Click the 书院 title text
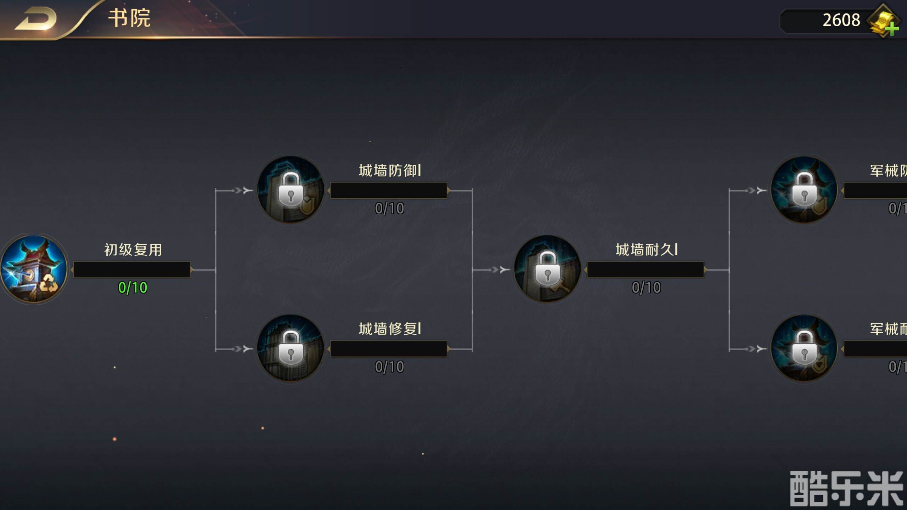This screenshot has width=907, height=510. coord(129,18)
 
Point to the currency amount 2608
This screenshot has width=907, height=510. coord(841,20)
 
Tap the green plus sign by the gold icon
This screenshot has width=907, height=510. coord(892,29)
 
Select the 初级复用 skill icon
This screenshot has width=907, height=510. coord(34,269)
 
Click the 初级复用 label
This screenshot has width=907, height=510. coord(133,250)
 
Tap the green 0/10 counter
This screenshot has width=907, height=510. coord(133,288)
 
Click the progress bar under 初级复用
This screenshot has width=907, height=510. coord(132,270)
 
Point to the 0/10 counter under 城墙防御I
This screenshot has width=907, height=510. coord(389,208)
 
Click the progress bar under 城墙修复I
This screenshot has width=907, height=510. coord(389,349)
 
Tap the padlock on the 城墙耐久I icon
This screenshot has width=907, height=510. coord(547,269)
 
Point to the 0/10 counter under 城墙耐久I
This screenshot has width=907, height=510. coord(646,288)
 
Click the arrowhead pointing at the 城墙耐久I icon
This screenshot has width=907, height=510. coord(504,270)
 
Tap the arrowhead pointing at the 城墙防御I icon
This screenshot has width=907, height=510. coord(247,191)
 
